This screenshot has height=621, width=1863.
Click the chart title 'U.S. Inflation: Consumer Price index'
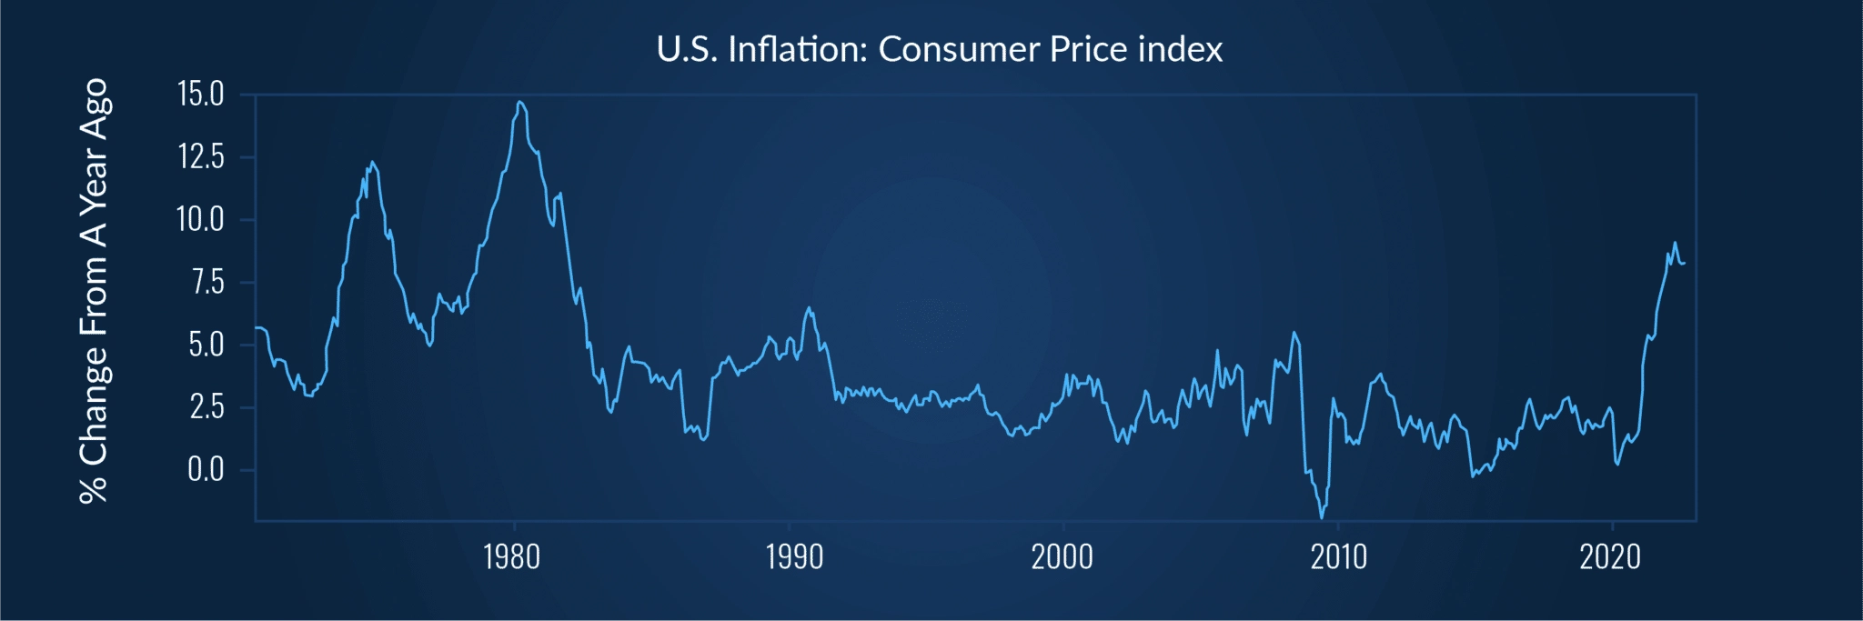939,49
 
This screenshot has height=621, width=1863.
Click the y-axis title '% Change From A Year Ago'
94,291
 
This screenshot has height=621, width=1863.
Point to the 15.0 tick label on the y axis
201,95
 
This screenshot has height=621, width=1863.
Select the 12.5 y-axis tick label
201,157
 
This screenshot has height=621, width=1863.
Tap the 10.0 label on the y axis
201,219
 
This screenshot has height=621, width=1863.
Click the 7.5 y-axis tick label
206,282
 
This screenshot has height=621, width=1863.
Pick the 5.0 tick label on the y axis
206,345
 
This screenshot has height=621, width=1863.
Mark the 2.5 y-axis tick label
206,407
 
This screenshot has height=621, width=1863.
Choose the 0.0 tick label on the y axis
206,469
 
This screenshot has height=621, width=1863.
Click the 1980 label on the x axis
512,556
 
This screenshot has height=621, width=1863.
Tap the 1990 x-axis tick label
794,556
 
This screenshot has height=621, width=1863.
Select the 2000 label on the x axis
1062,556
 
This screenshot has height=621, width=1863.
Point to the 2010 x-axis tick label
1338,556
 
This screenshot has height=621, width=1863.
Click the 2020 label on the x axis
1610,556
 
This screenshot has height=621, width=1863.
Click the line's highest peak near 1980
519,102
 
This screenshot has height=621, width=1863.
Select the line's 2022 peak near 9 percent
1675,243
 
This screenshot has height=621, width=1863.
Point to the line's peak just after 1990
808,308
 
